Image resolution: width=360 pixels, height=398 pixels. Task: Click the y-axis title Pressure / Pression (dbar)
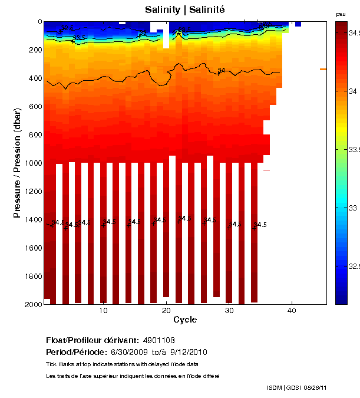click(x=17, y=162)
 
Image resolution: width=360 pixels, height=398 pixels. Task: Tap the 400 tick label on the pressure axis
click(x=35, y=78)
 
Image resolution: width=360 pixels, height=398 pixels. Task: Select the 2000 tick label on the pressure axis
click(x=32, y=304)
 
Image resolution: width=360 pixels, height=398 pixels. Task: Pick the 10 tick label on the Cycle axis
click(x=103, y=311)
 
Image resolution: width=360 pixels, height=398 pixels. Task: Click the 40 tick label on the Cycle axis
click(x=292, y=311)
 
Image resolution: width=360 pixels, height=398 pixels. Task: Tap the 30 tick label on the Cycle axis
click(x=229, y=311)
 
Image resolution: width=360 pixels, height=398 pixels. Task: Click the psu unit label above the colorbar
click(x=341, y=14)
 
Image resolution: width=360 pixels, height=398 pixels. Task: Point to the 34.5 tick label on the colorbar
click(x=354, y=34)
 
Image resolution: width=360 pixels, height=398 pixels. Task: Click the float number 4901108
click(x=158, y=341)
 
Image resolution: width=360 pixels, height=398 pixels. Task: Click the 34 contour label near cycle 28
click(x=222, y=71)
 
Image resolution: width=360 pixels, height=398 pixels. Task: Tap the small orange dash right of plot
click(x=323, y=69)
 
